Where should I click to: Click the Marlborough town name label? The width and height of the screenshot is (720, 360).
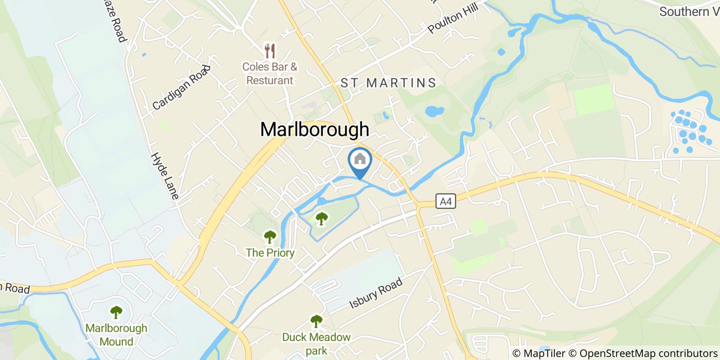pyautogui.click(x=315, y=130)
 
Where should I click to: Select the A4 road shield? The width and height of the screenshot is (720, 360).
pyautogui.click(x=445, y=201)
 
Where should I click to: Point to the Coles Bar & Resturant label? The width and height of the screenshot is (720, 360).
pyautogui.click(x=271, y=74)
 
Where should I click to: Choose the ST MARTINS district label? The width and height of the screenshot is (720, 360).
pyautogui.click(x=389, y=83)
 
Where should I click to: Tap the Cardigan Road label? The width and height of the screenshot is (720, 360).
pyautogui.click(x=182, y=87)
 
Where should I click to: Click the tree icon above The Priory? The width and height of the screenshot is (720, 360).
pyautogui.click(x=270, y=237)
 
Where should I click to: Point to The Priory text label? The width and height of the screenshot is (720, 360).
pyautogui.click(x=270, y=253)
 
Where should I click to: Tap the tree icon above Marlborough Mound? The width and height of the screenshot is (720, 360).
pyautogui.click(x=116, y=312)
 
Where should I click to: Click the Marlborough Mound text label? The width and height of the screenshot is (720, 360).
pyautogui.click(x=116, y=334)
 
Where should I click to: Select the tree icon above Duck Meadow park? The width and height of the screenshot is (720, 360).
pyautogui.click(x=316, y=321)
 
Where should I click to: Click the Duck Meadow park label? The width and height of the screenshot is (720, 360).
pyautogui.click(x=316, y=344)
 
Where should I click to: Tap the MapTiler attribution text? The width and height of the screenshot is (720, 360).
pyautogui.click(x=538, y=353)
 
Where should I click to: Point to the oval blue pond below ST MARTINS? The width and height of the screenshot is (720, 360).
pyautogui.click(x=435, y=111)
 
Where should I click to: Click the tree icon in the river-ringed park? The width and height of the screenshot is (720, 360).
pyautogui.click(x=322, y=219)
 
